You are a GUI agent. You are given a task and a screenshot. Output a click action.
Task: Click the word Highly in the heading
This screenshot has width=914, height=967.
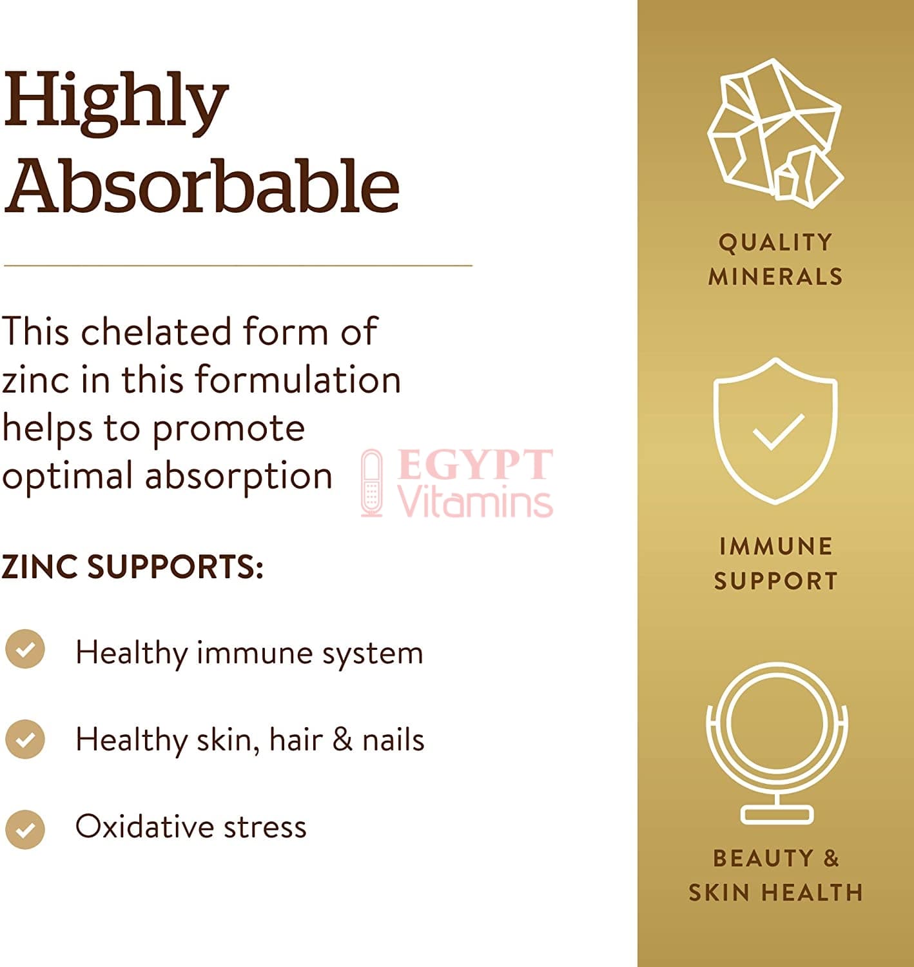pyautogui.click(x=115, y=103)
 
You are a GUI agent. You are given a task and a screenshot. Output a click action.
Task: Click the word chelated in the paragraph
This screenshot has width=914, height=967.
pyautogui.click(x=156, y=331)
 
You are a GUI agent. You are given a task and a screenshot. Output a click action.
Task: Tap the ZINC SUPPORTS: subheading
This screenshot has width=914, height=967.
pyautogui.click(x=132, y=567)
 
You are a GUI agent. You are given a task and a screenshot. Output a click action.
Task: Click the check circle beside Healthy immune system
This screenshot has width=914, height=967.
pyautogui.click(x=25, y=649)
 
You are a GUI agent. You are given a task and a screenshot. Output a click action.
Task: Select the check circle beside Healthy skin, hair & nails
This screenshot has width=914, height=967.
pyautogui.click(x=25, y=739)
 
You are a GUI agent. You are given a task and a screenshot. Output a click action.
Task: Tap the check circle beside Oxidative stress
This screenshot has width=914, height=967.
pyautogui.click(x=25, y=830)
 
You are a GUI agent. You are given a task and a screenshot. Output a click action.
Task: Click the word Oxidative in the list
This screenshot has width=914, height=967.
pyautogui.click(x=145, y=826)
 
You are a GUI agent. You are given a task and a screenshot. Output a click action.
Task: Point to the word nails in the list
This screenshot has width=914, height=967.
pyautogui.click(x=393, y=739)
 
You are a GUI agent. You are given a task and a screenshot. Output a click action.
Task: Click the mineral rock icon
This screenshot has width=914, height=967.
pyautogui.click(x=776, y=133)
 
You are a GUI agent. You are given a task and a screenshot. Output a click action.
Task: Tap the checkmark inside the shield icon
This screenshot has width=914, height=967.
pyautogui.click(x=779, y=432)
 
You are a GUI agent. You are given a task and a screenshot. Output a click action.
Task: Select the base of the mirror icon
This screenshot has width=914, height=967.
pyautogui.click(x=777, y=815)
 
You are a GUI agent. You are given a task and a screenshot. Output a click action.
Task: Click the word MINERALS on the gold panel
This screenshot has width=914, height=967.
pyautogui.click(x=776, y=277)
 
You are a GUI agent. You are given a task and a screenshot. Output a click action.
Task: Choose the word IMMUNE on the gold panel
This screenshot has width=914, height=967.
pyautogui.click(x=776, y=547)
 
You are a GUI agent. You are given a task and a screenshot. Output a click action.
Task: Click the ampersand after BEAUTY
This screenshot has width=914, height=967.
pyautogui.click(x=831, y=858)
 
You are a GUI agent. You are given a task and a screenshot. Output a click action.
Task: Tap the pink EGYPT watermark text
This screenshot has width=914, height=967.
pyautogui.click(x=474, y=464)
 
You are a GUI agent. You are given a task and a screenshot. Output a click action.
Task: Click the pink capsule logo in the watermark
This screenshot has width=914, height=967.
pyautogui.click(x=372, y=483)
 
